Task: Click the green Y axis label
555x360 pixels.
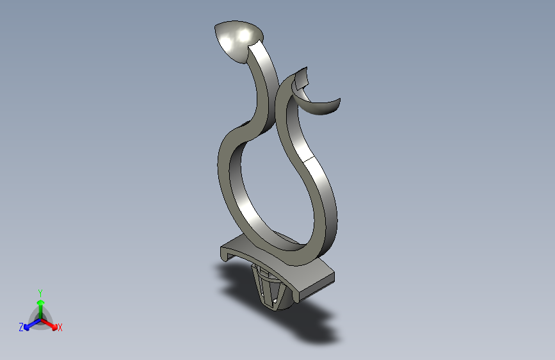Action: click(40, 292)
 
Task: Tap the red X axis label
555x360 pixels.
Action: click(60, 328)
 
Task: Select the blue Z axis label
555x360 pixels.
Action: click(21, 327)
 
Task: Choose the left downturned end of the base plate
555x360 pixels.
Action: click(227, 253)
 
